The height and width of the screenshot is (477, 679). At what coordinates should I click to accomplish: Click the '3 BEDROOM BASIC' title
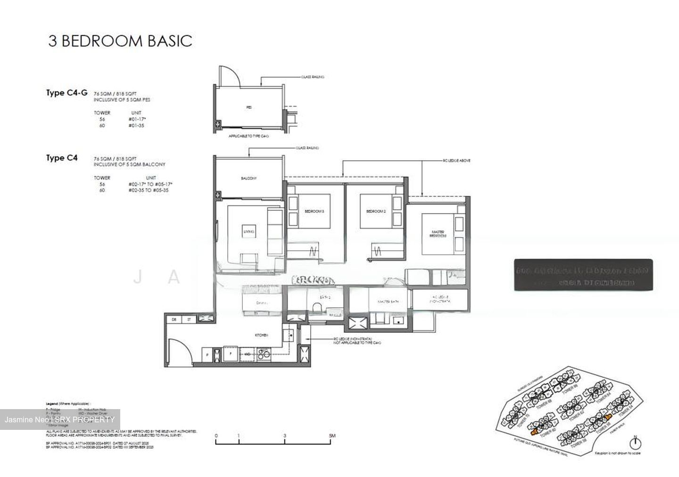[x=120, y=41]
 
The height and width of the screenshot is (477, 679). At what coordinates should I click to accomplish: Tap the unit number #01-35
[x=136, y=126]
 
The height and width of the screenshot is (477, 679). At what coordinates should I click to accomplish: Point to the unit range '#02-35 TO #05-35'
[x=148, y=190]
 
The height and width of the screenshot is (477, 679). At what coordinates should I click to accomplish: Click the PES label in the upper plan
[x=249, y=107]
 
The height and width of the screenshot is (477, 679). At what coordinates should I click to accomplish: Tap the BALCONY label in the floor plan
[x=248, y=179]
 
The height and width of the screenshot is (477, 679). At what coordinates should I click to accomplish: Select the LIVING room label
[x=248, y=231]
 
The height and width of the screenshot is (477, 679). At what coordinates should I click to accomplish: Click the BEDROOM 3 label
[x=314, y=212]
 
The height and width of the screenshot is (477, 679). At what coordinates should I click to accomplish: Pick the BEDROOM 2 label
[x=376, y=212]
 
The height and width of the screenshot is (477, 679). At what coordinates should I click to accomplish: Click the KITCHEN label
[x=261, y=335]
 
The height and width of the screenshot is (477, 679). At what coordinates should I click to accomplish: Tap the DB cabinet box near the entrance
[x=174, y=319]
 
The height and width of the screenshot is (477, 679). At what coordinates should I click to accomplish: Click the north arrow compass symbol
[x=636, y=444]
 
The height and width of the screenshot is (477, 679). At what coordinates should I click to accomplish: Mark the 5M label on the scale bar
[x=332, y=436]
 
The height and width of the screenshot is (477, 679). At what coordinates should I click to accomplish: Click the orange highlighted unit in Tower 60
[x=534, y=431]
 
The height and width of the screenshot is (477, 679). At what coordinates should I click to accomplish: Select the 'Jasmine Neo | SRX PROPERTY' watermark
[x=59, y=419]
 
